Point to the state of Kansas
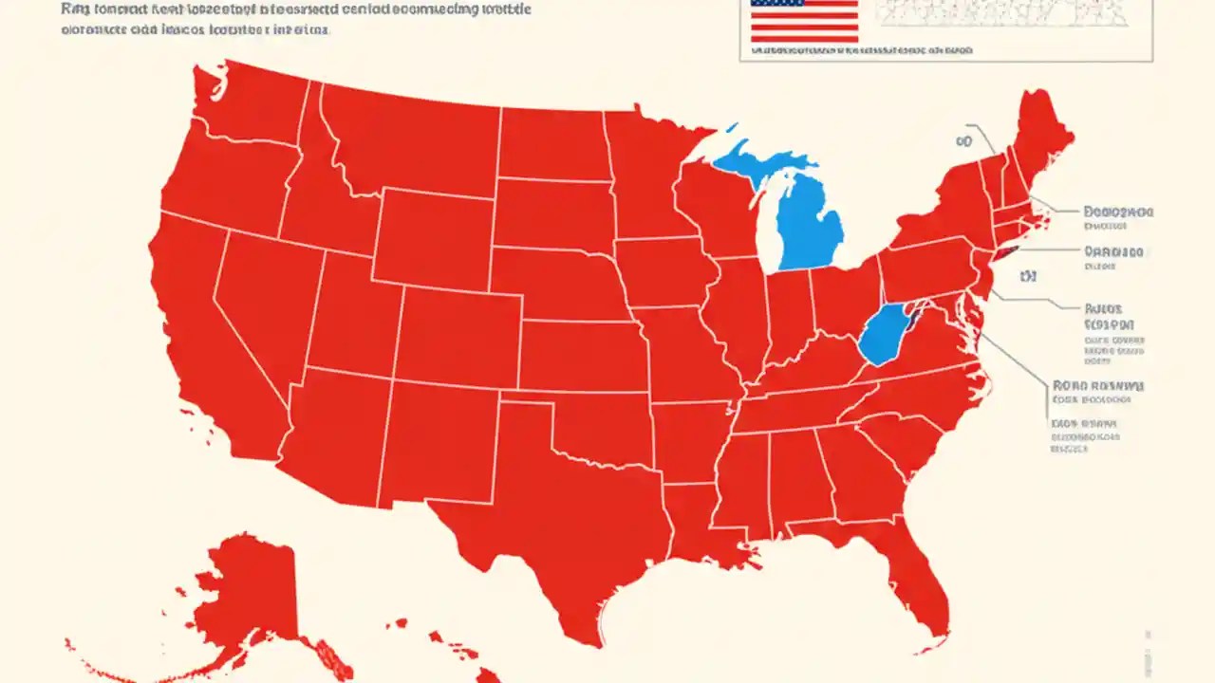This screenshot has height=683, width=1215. point(579,356)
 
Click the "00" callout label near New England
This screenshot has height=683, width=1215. point(964,141)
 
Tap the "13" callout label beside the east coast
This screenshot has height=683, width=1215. point(1027,277)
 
